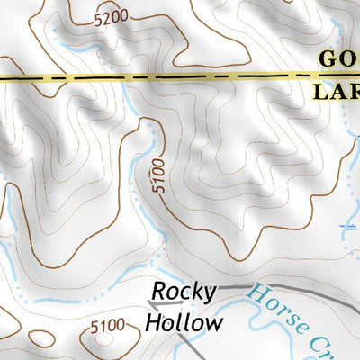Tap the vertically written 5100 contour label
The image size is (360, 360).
(x=158, y=177)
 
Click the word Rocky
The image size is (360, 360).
(x=184, y=292)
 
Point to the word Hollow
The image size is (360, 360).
(x=184, y=322)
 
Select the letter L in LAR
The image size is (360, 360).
(x=319, y=91)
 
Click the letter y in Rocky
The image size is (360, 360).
(x=209, y=294)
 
